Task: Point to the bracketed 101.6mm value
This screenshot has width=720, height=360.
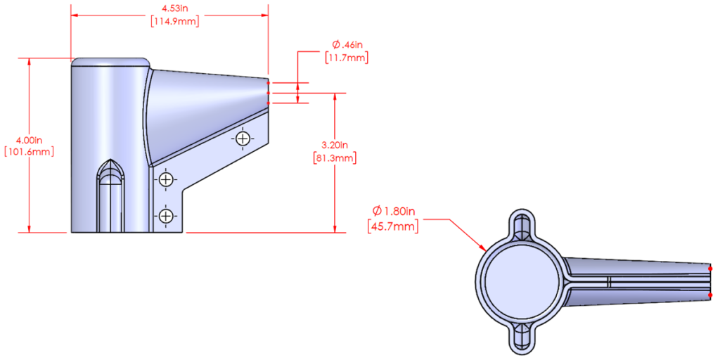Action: pos(28,151)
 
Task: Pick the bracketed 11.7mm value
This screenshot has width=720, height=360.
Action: pos(347,58)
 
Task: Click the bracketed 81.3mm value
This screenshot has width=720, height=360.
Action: pos(334,158)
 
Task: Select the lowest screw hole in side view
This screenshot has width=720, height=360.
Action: pos(165,215)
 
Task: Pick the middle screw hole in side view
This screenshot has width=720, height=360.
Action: pos(165,181)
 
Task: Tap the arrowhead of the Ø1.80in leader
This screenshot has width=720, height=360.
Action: pos(484,250)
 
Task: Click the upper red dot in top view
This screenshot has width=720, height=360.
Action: pos(711,268)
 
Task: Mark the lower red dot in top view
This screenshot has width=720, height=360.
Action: pos(711,295)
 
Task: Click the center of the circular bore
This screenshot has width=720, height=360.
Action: pos(520,281)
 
